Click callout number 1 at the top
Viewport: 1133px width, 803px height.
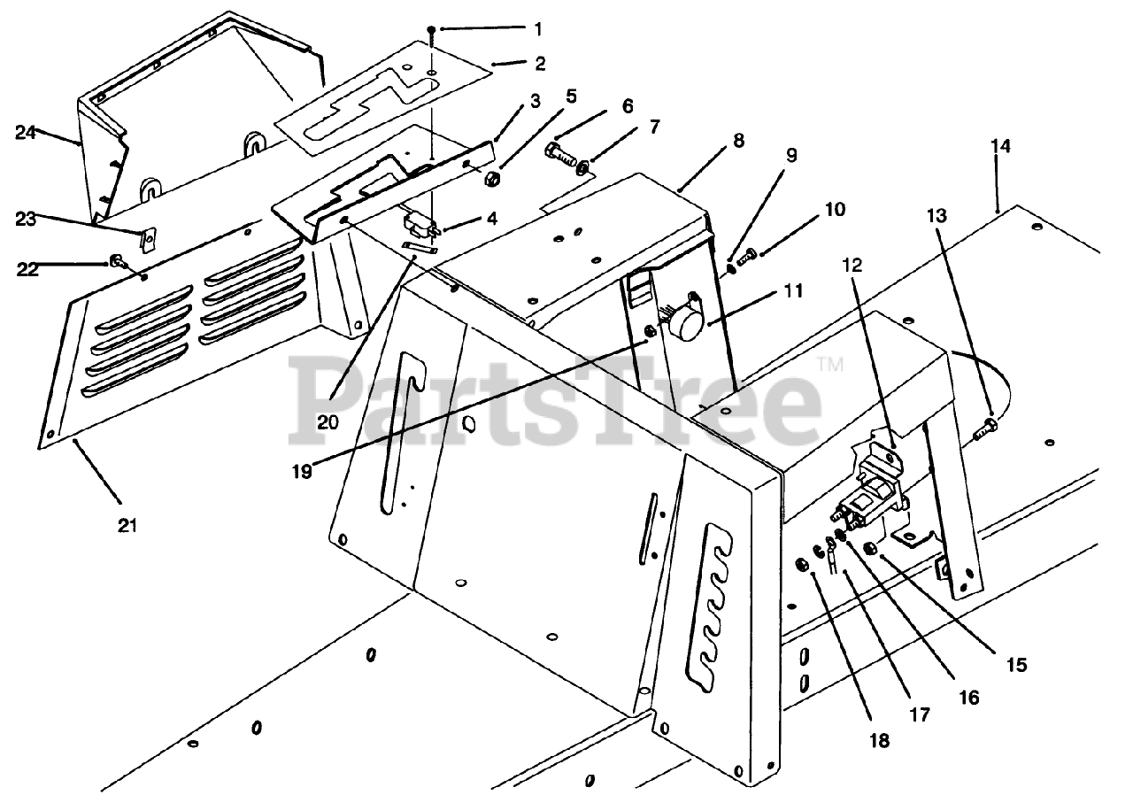click(x=537, y=28)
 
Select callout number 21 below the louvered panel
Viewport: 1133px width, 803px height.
click(x=128, y=526)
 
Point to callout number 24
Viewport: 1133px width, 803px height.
click(x=26, y=133)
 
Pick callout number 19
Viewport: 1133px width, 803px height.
click(x=303, y=471)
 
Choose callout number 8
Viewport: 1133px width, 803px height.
click(x=738, y=140)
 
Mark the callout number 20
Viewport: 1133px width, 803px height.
click(x=328, y=422)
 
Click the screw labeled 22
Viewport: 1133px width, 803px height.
click(x=116, y=261)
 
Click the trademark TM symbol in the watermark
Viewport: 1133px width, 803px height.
click(x=830, y=364)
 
